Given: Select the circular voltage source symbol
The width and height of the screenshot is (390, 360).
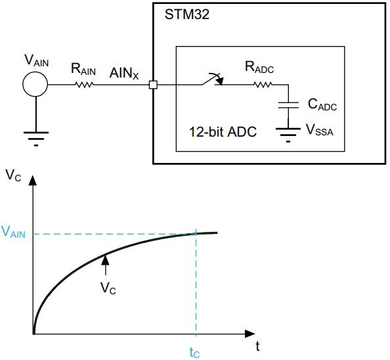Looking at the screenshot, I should (x=35, y=84).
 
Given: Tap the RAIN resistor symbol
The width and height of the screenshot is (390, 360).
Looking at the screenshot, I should (x=84, y=85).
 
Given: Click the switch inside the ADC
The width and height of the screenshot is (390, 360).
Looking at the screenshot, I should (x=211, y=81).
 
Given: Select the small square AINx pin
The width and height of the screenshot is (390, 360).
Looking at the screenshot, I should (x=153, y=85).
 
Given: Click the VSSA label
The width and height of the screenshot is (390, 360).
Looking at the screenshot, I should (x=321, y=129).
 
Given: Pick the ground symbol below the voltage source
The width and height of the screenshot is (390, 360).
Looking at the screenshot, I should (x=35, y=137).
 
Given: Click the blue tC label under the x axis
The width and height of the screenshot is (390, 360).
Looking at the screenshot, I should (x=194, y=352).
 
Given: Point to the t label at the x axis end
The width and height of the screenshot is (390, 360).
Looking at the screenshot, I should (x=258, y=346).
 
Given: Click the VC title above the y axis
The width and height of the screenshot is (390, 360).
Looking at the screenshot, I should (x=13, y=175).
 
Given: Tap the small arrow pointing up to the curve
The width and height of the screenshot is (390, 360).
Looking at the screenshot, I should (x=104, y=265).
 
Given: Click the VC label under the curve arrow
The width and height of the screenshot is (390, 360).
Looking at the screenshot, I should (x=108, y=288).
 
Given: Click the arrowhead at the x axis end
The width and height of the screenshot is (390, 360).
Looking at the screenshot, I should (x=249, y=334).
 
